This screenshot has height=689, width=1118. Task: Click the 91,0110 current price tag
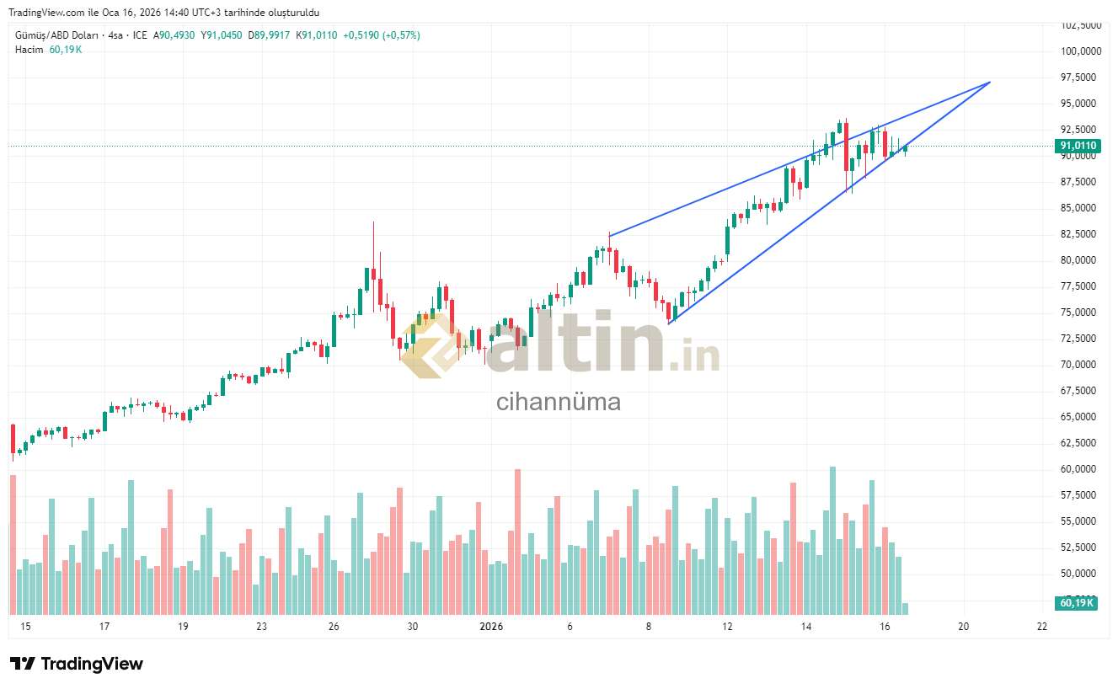click(x=1078, y=147)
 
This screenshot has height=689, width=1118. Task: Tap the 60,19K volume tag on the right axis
click(x=1077, y=603)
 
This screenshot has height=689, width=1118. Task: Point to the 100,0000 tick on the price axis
click(x=1081, y=51)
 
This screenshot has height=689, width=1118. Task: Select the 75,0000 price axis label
click(x=1079, y=312)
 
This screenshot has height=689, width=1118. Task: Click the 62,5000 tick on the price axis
click(x=1079, y=443)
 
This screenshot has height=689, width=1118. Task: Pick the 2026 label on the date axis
click(x=490, y=627)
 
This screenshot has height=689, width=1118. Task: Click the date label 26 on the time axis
click(x=334, y=627)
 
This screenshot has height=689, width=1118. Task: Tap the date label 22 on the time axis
click(x=1042, y=627)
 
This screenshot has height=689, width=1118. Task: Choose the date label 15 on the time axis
click(x=25, y=627)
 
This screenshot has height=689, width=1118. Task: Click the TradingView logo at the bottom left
click(x=77, y=664)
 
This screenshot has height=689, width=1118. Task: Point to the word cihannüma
click(x=559, y=402)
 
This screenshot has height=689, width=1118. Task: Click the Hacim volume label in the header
click(x=29, y=50)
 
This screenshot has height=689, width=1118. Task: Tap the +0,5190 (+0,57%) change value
click(x=382, y=35)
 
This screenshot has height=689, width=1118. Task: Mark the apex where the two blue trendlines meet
click(x=990, y=82)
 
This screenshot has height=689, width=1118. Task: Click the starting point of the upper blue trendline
click(x=609, y=236)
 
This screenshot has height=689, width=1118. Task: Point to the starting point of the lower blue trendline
click(x=669, y=323)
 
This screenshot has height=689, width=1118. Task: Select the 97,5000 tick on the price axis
click(x=1079, y=77)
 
